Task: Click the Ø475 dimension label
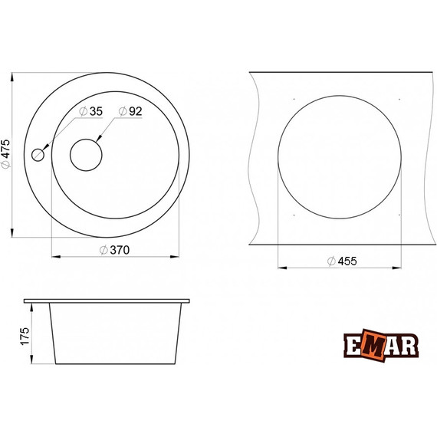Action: (x=6, y=154)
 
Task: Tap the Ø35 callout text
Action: (x=91, y=111)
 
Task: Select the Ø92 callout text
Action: (x=130, y=111)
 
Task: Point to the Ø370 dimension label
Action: (x=114, y=250)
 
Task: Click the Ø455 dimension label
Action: (x=342, y=261)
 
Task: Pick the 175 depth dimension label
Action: (x=25, y=337)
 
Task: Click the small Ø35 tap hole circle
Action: (x=38, y=155)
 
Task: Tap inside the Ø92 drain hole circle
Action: (x=86, y=155)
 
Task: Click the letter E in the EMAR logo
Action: (x=353, y=346)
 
